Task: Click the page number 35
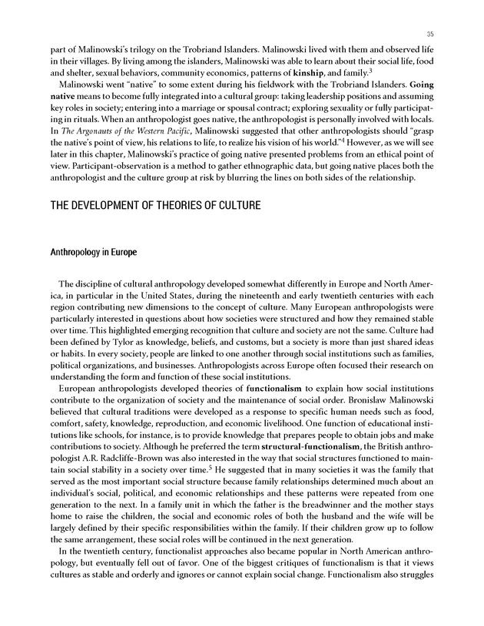pos(431,33)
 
